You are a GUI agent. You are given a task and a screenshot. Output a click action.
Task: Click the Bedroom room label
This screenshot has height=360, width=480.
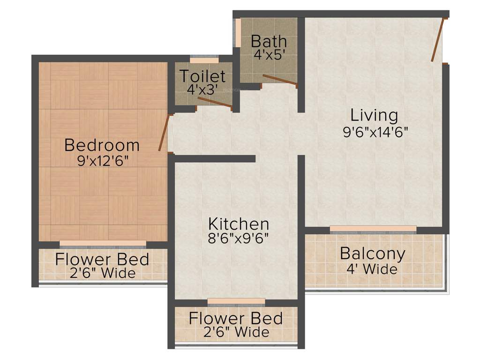[x=102, y=145]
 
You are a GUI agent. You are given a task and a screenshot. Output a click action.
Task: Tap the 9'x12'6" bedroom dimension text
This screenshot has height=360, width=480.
[x=102, y=161]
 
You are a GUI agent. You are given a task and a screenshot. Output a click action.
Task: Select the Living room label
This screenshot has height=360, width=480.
[x=375, y=115]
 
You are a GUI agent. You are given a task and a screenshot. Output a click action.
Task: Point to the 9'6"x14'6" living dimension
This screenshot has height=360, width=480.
[x=376, y=132]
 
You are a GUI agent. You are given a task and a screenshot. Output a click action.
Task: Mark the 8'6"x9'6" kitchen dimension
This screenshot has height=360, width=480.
[x=239, y=238]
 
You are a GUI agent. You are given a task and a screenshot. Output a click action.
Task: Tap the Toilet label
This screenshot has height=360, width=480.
[x=203, y=76]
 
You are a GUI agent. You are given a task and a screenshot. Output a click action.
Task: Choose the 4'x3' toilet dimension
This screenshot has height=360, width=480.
[x=202, y=89]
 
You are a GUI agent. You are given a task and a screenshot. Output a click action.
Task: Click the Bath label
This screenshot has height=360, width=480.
[x=269, y=41]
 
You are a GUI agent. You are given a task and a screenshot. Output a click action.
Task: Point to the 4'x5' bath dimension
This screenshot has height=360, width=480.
[x=269, y=54]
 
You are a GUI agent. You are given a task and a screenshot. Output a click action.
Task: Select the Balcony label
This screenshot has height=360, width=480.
[x=373, y=254]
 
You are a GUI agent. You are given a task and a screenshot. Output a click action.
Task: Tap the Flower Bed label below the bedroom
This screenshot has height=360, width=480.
[x=102, y=259]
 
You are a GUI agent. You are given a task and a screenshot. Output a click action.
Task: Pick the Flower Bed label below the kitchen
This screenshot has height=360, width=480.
[x=236, y=319]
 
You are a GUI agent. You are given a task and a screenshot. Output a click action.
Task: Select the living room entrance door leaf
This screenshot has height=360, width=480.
[x=438, y=40]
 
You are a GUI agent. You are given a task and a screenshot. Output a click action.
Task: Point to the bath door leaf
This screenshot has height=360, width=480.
[x=280, y=80]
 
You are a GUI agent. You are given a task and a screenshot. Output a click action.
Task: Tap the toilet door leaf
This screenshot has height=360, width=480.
[x=215, y=104]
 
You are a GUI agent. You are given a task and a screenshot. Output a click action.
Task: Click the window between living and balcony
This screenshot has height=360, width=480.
[x=373, y=229]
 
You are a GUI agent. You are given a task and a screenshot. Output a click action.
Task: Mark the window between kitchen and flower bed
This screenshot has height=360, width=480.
[x=236, y=302]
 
